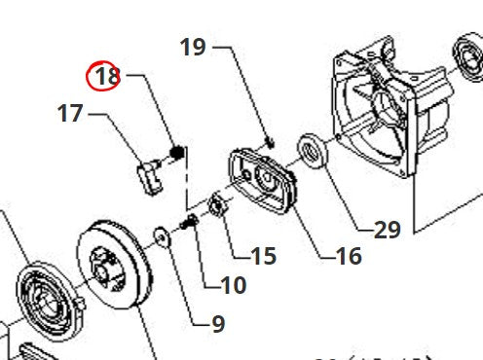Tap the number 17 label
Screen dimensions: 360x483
pyautogui.click(x=70, y=114)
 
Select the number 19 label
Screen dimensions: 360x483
pyautogui.click(x=193, y=47)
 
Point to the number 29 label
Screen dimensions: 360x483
pyautogui.click(x=388, y=230)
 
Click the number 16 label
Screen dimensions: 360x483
pyautogui.click(x=348, y=256)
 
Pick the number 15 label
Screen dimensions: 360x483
pyautogui.click(x=263, y=256)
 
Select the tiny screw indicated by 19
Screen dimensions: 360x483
pyautogui.click(x=271, y=143)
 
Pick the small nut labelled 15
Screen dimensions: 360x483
pyautogui.click(x=218, y=206)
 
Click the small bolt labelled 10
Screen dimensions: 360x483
pyautogui.click(x=189, y=225)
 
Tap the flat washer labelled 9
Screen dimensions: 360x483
pyautogui.click(x=159, y=235)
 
